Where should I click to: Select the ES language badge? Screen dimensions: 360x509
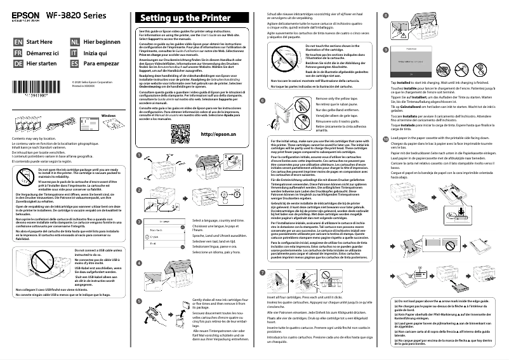pos(75,63)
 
